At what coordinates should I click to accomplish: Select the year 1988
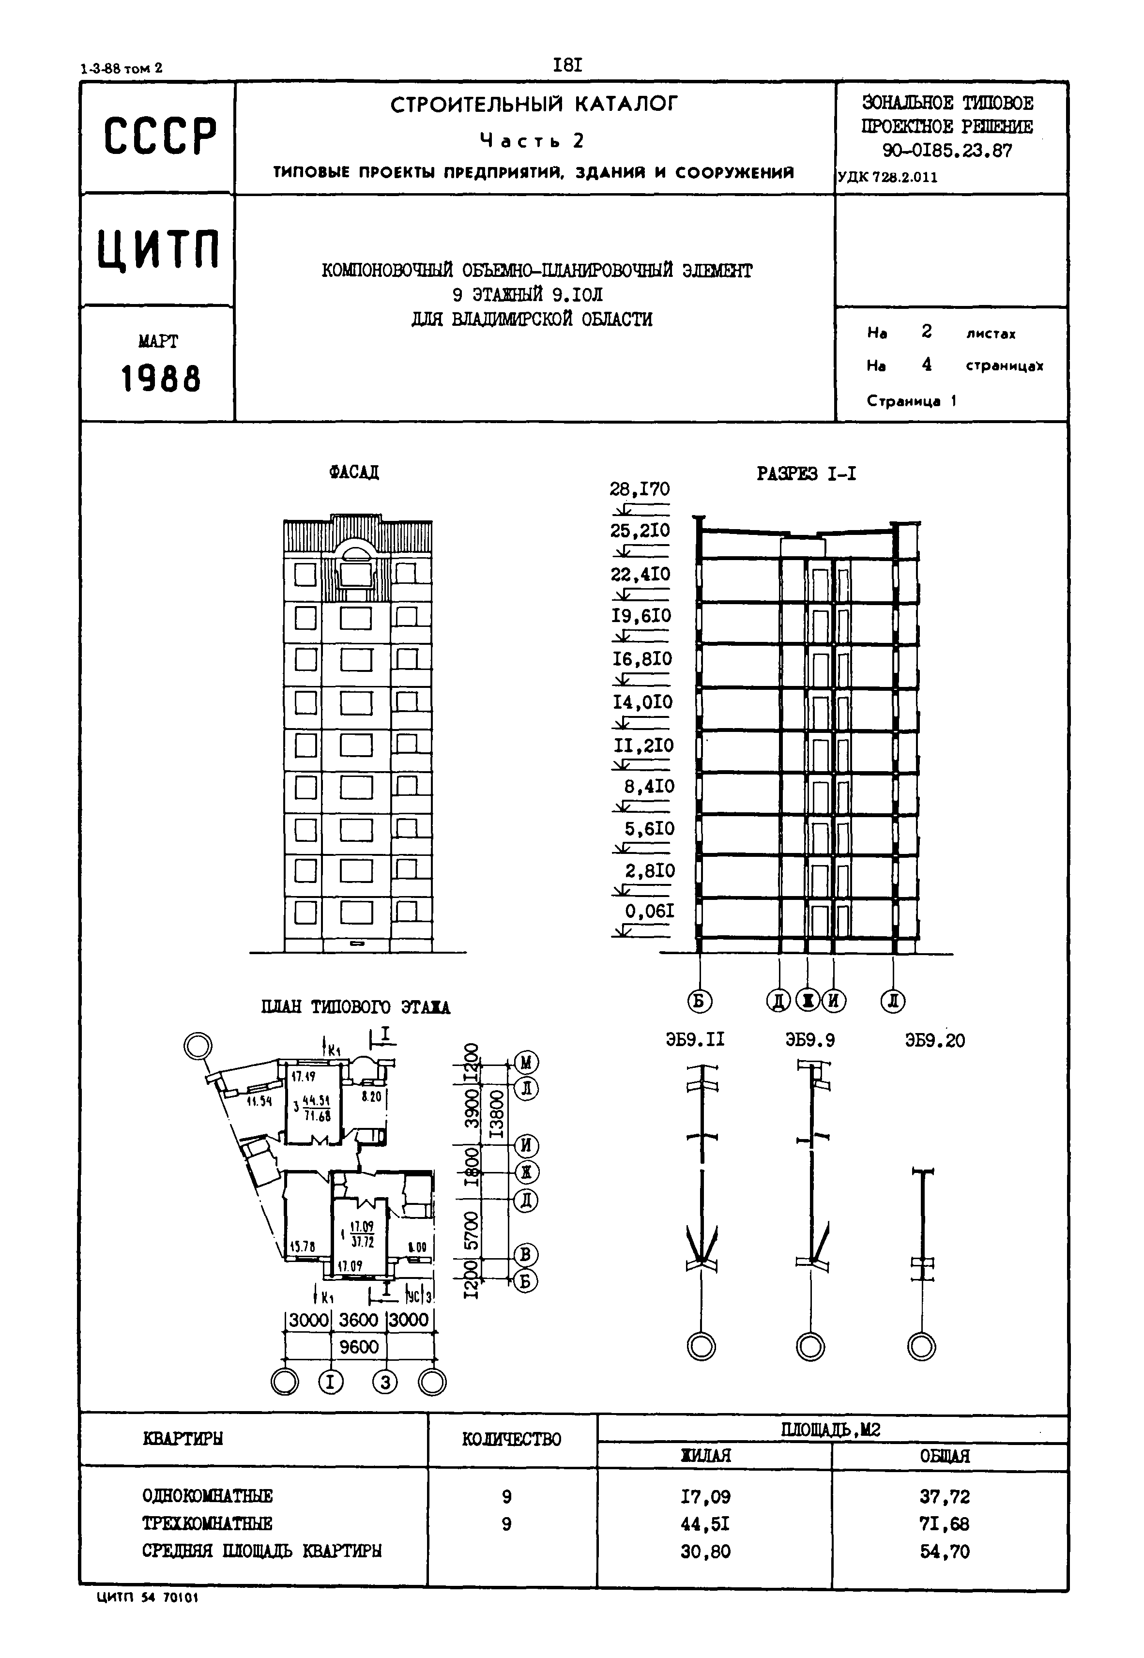click(161, 379)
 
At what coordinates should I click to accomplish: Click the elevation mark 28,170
click(640, 489)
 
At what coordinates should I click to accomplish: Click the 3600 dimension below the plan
click(358, 1319)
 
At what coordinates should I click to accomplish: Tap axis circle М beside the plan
click(526, 1063)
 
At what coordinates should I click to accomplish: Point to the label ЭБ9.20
click(935, 1040)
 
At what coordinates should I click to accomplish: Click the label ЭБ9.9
click(810, 1040)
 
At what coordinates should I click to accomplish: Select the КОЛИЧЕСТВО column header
click(511, 1439)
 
